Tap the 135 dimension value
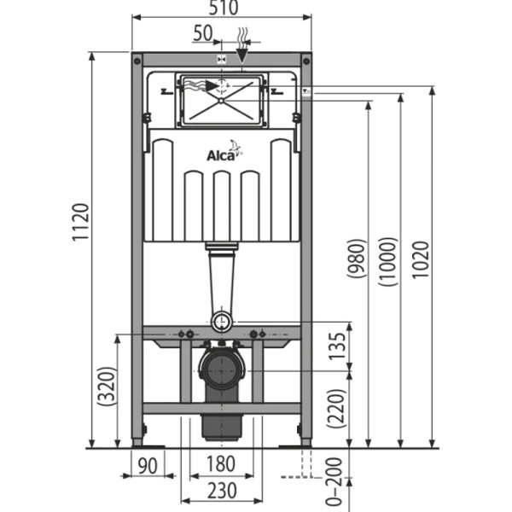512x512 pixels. [x=338, y=346]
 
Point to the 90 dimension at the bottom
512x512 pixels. [x=148, y=465]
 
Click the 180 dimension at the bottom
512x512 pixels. [x=221, y=465]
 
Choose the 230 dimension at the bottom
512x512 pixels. [x=221, y=492]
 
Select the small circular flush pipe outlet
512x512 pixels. [x=222, y=322]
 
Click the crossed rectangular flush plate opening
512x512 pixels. [x=221, y=102]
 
